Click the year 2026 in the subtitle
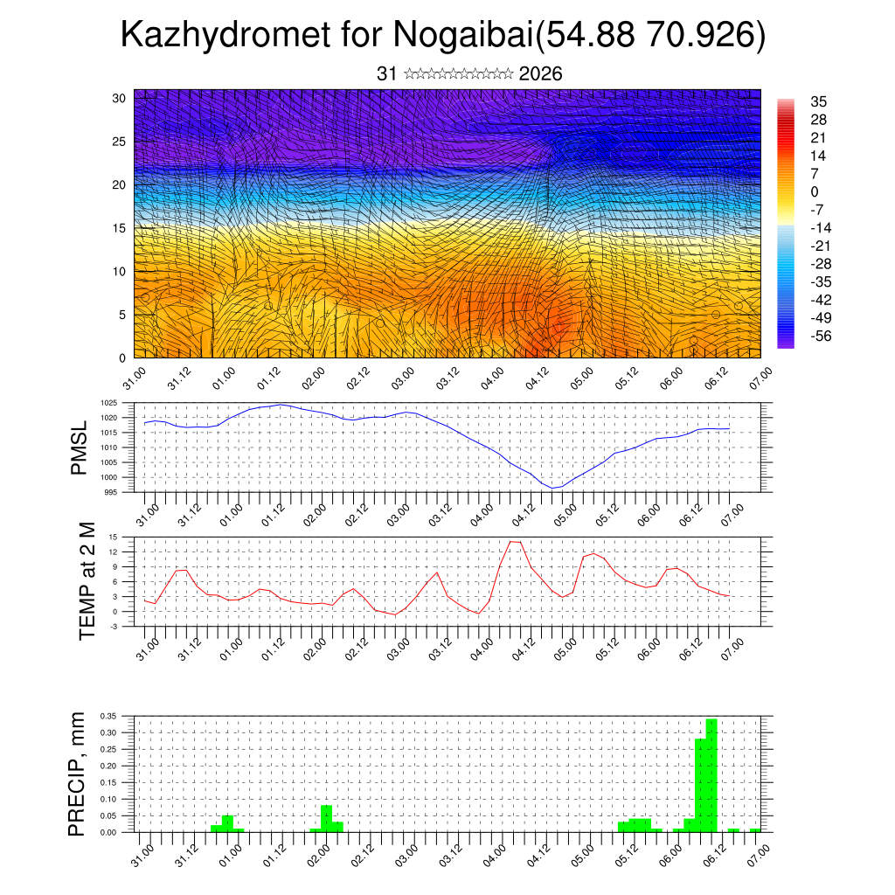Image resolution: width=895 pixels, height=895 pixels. tap(540, 74)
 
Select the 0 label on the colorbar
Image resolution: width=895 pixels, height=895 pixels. tap(815, 191)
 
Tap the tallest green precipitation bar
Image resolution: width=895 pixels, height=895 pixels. tap(711, 774)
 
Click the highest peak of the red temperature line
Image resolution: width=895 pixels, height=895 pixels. tap(516, 542)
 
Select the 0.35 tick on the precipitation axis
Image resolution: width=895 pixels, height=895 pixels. tap(107, 715)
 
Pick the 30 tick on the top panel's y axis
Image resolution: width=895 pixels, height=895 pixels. tap(118, 98)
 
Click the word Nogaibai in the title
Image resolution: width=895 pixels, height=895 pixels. tap(464, 35)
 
